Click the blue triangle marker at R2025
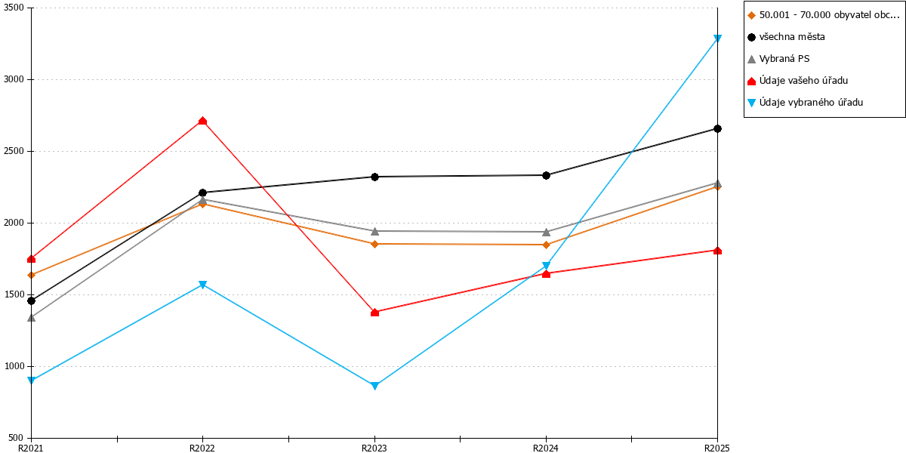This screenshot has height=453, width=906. [717, 39]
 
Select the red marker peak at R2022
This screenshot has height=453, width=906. [202, 121]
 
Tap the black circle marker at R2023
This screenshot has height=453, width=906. [374, 177]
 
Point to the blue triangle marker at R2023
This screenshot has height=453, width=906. [374, 386]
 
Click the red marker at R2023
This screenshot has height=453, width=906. [374, 313]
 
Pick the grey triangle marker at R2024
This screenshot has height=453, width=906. [546, 233]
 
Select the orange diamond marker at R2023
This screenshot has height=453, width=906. [374, 244]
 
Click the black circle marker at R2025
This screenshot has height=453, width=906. [717, 128]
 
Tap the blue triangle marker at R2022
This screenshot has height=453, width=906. [202, 285]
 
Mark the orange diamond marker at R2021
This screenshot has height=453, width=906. [31, 275]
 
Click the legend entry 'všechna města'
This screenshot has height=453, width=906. [786, 37]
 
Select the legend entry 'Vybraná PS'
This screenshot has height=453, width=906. [778, 59]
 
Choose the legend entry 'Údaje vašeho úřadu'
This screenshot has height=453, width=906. [797, 81]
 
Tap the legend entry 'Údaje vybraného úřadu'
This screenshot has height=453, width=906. [806, 103]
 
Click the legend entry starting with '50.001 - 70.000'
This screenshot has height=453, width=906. [824, 15]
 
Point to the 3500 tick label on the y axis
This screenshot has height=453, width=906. [14, 8]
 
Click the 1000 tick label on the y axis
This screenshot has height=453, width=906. [14, 366]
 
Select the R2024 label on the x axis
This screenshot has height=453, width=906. [546, 448]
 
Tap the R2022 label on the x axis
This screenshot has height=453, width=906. [202, 448]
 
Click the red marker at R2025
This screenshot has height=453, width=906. [717, 251]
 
